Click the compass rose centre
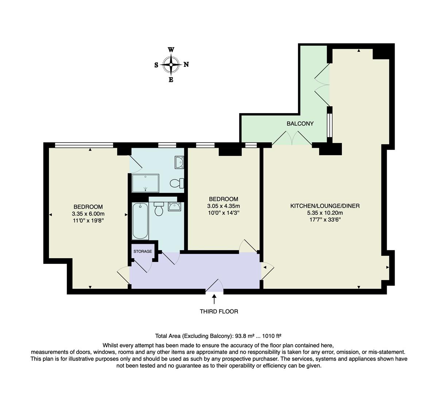point(171,65)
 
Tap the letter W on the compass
point(171,50)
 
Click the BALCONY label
point(300,124)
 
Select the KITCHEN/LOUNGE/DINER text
point(325,206)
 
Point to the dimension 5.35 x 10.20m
point(325,213)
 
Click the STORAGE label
point(143,251)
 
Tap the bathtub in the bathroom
point(140,221)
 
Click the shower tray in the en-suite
point(146,183)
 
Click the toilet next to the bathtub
point(159,209)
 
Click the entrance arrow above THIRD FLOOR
point(214,299)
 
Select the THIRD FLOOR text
point(219,312)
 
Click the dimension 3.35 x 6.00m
point(88,214)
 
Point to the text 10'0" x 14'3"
point(223,212)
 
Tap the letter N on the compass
point(186,65)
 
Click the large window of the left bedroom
point(84,145)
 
